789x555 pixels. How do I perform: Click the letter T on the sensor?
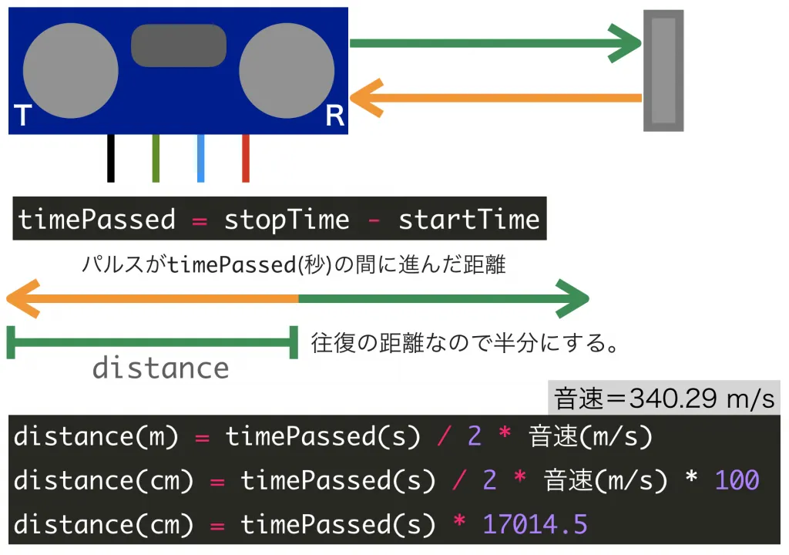pyautogui.click(x=22, y=116)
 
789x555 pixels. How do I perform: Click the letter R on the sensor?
pyautogui.click(x=334, y=116)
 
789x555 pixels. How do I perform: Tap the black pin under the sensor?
pyautogui.click(x=111, y=158)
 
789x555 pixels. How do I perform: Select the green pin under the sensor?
pyautogui.click(x=156, y=158)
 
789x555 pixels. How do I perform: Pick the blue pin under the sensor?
pyautogui.click(x=200, y=158)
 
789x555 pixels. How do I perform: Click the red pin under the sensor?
pyautogui.click(x=246, y=158)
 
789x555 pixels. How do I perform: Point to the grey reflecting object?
pyautogui.click(x=663, y=70)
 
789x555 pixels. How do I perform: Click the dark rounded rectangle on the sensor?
pyautogui.click(x=179, y=45)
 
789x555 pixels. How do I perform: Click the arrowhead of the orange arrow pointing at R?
pyautogui.click(x=365, y=98)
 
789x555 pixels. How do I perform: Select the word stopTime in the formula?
pyautogui.click(x=287, y=220)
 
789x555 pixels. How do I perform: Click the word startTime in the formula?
pyautogui.click(x=468, y=220)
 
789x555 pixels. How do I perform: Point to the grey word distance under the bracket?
pyautogui.click(x=160, y=368)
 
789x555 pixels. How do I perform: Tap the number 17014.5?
pyautogui.click(x=535, y=524)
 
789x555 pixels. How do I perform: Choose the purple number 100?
pyautogui.click(x=737, y=480)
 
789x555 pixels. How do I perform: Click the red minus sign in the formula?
pyautogui.click(x=374, y=220)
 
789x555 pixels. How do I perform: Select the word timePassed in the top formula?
pyautogui.click(x=97, y=220)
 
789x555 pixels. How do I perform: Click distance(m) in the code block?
pyautogui.click(x=96, y=436)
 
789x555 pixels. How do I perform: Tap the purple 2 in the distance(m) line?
pyautogui.click(x=474, y=436)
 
